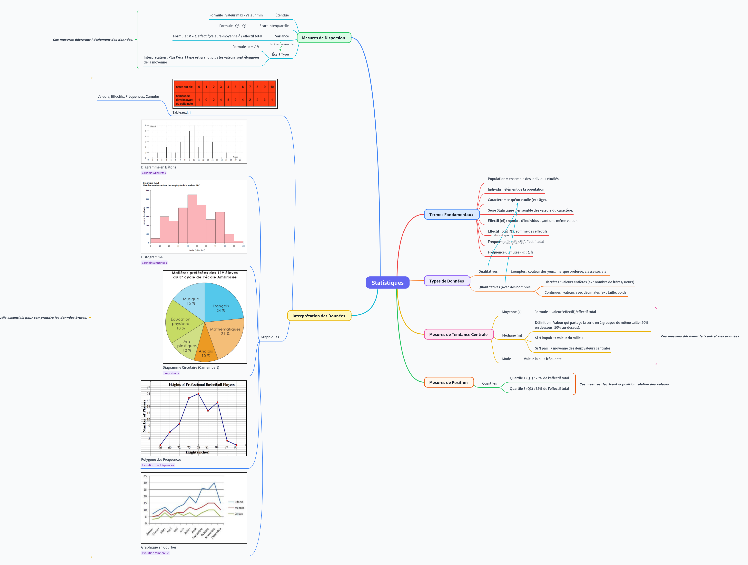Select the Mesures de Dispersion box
tap(324, 38)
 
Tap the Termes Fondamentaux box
tap(451, 215)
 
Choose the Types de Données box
tap(447, 281)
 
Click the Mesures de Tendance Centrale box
tap(458, 335)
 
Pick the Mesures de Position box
tap(449, 383)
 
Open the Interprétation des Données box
tap(319, 316)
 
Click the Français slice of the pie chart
tap(221, 304)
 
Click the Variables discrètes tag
tap(154, 173)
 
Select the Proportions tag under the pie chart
tap(171, 373)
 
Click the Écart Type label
tap(280, 54)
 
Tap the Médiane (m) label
tap(512, 336)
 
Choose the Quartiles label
tap(489, 384)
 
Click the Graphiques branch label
tap(270, 337)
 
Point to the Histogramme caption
tap(152, 257)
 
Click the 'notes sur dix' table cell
tap(184, 87)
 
